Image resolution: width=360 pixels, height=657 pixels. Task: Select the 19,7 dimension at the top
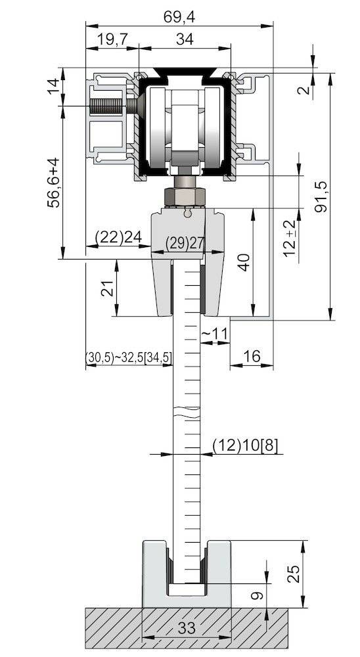pyautogui.click(x=112, y=39)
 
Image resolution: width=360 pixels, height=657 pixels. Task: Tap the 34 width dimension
pyautogui.click(x=185, y=39)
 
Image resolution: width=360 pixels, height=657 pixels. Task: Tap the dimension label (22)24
pyautogui.click(x=118, y=237)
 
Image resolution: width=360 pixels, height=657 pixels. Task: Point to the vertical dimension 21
pyautogui.click(x=106, y=288)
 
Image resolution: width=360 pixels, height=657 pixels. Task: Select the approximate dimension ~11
pyautogui.click(x=214, y=334)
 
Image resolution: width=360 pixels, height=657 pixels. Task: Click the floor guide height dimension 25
pyautogui.click(x=294, y=574)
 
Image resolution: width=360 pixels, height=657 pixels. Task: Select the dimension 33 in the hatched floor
pyautogui.click(x=187, y=628)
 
